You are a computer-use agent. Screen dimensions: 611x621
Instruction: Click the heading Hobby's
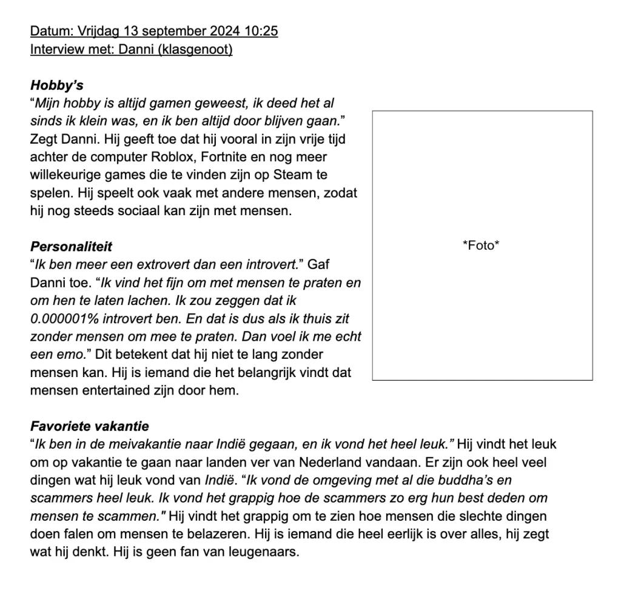57,85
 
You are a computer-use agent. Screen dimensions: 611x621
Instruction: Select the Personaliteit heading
71,247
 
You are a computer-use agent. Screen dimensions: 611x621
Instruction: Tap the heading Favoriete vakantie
89,426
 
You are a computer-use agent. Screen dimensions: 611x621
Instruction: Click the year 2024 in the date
224,31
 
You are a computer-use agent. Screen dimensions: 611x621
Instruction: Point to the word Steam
295,176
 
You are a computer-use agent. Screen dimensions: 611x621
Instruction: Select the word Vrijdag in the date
98,31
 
